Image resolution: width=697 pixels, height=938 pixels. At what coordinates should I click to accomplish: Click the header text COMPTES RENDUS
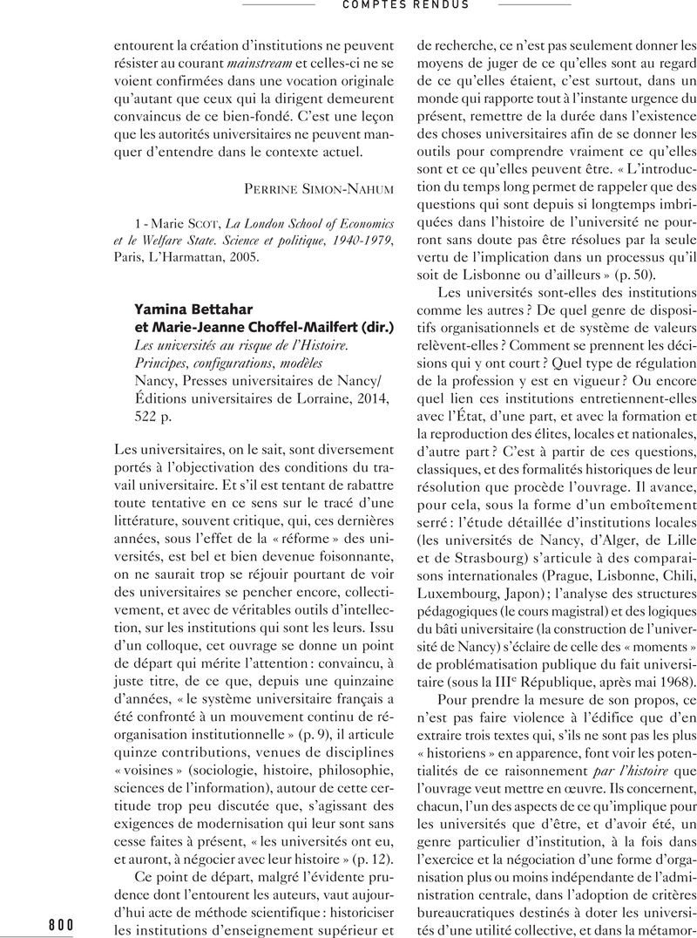(x=406, y=5)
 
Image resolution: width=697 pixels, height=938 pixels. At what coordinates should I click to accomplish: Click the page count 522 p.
(x=154, y=415)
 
